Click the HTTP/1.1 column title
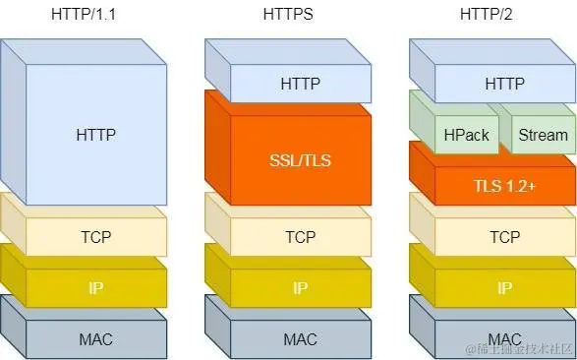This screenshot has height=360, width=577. [x=94, y=16]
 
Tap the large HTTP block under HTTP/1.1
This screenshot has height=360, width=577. [x=95, y=134]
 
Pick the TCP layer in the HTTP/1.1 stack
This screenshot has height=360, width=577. [x=95, y=237]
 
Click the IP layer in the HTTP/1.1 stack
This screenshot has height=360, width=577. [x=95, y=288]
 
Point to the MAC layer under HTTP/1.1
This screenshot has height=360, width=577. [x=95, y=339]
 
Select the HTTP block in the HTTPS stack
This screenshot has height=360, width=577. [x=300, y=84]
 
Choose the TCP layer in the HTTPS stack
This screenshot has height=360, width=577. [x=300, y=237]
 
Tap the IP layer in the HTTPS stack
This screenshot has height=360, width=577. [x=300, y=288]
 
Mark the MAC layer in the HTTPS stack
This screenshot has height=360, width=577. [x=300, y=339]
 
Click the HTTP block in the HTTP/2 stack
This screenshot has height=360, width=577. [x=504, y=84]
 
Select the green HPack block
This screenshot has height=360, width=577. [x=466, y=135]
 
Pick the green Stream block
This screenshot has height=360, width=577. [x=543, y=135]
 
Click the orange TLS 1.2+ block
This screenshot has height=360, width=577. [x=504, y=185]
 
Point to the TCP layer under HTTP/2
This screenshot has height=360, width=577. [x=504, y=237]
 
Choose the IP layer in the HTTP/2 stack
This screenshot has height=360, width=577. [x=504, y=288]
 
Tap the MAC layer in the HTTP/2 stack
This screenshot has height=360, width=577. [x=504, y=339]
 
